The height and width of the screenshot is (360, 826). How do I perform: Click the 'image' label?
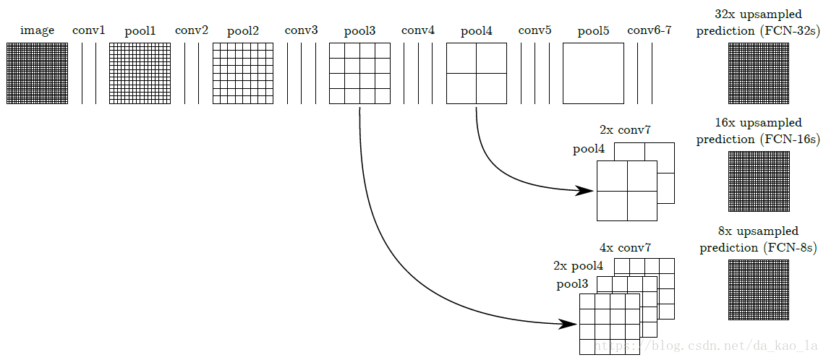pyautogui.click(x=38, y=30)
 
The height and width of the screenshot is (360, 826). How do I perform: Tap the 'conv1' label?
pyautogui.click(x=88, y=30)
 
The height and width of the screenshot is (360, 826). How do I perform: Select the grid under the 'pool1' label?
pyautogui.click(x=140, y=73)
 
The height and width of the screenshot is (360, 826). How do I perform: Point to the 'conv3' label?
pyautogui.click(x=302, y=30)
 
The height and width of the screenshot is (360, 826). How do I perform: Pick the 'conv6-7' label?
pyautogui.click(x=650, y=30)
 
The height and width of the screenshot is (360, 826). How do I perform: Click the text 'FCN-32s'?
pyautogui.click(x=788, y=31)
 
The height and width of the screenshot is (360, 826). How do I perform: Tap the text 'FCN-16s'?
pyautogui.click(x=788, y=140)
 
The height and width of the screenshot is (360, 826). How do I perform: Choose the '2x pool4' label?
pyautogui.click(x=578, y=266)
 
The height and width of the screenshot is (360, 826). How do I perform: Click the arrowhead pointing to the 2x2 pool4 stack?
pyautogui.click(x=585, y=191)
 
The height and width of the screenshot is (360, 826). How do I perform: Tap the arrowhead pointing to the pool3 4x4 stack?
pyautogui.click(x=568, y=324)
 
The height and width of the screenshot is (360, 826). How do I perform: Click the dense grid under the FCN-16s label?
pyautogui.click(x=759, y=181)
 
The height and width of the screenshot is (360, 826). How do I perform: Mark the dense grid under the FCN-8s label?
pyautogui.click(x=759, y=289)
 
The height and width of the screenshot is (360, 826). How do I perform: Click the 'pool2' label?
pyautogui.click(x=243, y=31)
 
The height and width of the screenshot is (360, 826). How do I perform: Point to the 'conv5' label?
pyautogui.click(x=535, y=30)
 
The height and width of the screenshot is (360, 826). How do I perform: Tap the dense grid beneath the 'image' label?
pyautogui.click(x=38, y=73)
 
